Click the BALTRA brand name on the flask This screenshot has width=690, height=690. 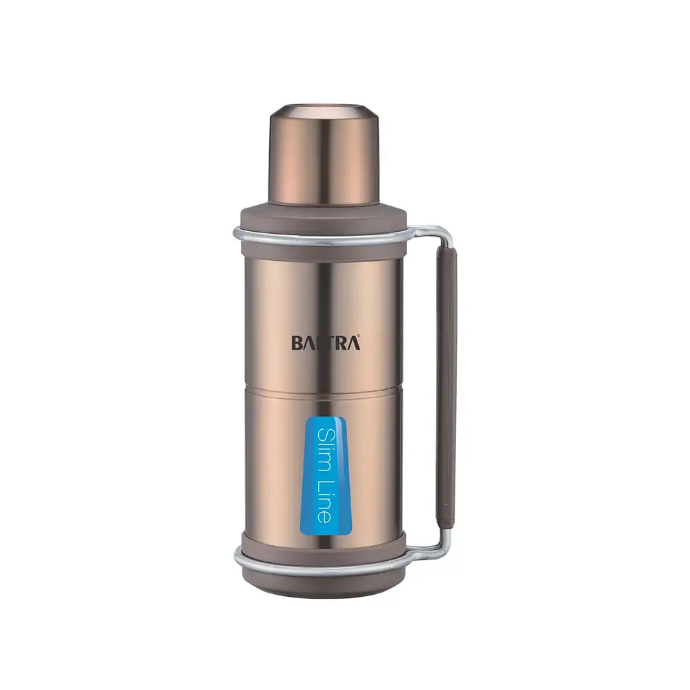pyautogui.click(x=326, y=343)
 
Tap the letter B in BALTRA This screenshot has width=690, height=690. pyautogui.click(x=297, y=343)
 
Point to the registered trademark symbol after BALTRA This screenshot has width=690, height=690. pyautogui.click(x=359, y=337)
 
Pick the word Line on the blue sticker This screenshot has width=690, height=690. pyautogui.click(x=325, y=501)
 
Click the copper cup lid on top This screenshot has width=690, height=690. pyautogui.click(x=324, y=155)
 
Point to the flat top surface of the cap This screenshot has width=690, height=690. pyautogui.click(x=324, y=110)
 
